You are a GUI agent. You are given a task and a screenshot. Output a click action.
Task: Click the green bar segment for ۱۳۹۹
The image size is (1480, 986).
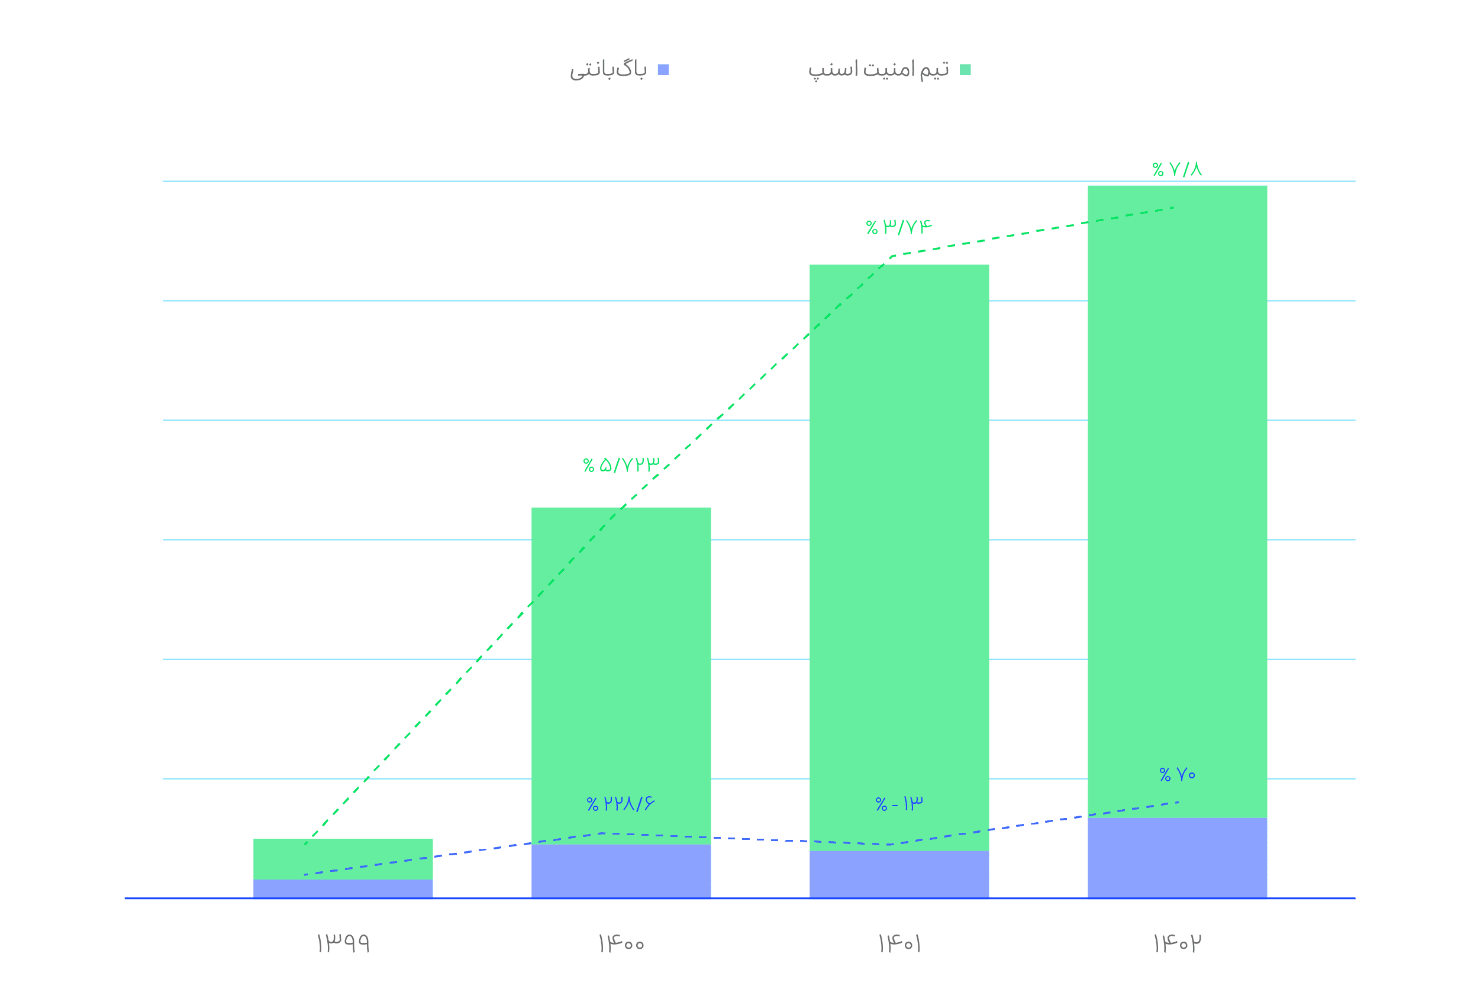click(343, 859)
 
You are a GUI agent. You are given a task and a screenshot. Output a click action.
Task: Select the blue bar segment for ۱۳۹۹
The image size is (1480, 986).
click(343, 888)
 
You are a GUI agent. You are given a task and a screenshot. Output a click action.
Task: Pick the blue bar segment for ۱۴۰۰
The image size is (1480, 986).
click(621, 871)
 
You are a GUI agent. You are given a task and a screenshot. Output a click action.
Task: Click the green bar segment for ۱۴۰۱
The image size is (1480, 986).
click(899, 557)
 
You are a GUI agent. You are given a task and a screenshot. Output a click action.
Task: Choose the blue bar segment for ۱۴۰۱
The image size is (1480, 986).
click(899, 874)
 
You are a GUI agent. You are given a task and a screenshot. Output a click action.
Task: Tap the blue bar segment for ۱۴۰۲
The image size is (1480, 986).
click(1177, 858)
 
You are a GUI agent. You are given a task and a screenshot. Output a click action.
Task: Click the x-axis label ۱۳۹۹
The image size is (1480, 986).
click(343, 943)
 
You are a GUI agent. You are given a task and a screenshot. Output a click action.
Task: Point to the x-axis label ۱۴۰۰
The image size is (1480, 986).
click(621, 943)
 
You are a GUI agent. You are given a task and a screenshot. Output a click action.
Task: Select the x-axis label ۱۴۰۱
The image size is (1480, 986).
click(899, 943)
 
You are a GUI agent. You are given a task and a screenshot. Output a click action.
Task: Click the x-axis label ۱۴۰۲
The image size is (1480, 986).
click(1177, 943)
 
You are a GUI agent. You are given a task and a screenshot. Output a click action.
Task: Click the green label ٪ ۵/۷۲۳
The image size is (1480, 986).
click(621, 465)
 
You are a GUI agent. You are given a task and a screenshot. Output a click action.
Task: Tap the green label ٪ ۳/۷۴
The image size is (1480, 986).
click(899, 227)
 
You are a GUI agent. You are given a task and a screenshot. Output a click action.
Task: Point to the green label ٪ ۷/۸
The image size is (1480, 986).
click(1177, 169)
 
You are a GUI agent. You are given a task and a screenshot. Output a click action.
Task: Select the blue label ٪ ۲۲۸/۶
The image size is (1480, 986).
click(621, 804)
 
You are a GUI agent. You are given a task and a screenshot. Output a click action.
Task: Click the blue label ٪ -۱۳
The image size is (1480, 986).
click(899, 804)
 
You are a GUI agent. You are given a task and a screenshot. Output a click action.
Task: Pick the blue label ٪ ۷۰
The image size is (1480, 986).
click(1177, 775)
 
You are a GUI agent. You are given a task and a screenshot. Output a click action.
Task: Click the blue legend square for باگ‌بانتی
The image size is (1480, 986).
click(663, 70)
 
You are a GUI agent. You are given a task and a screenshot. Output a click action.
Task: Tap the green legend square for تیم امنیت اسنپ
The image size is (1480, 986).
click(965, 70)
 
